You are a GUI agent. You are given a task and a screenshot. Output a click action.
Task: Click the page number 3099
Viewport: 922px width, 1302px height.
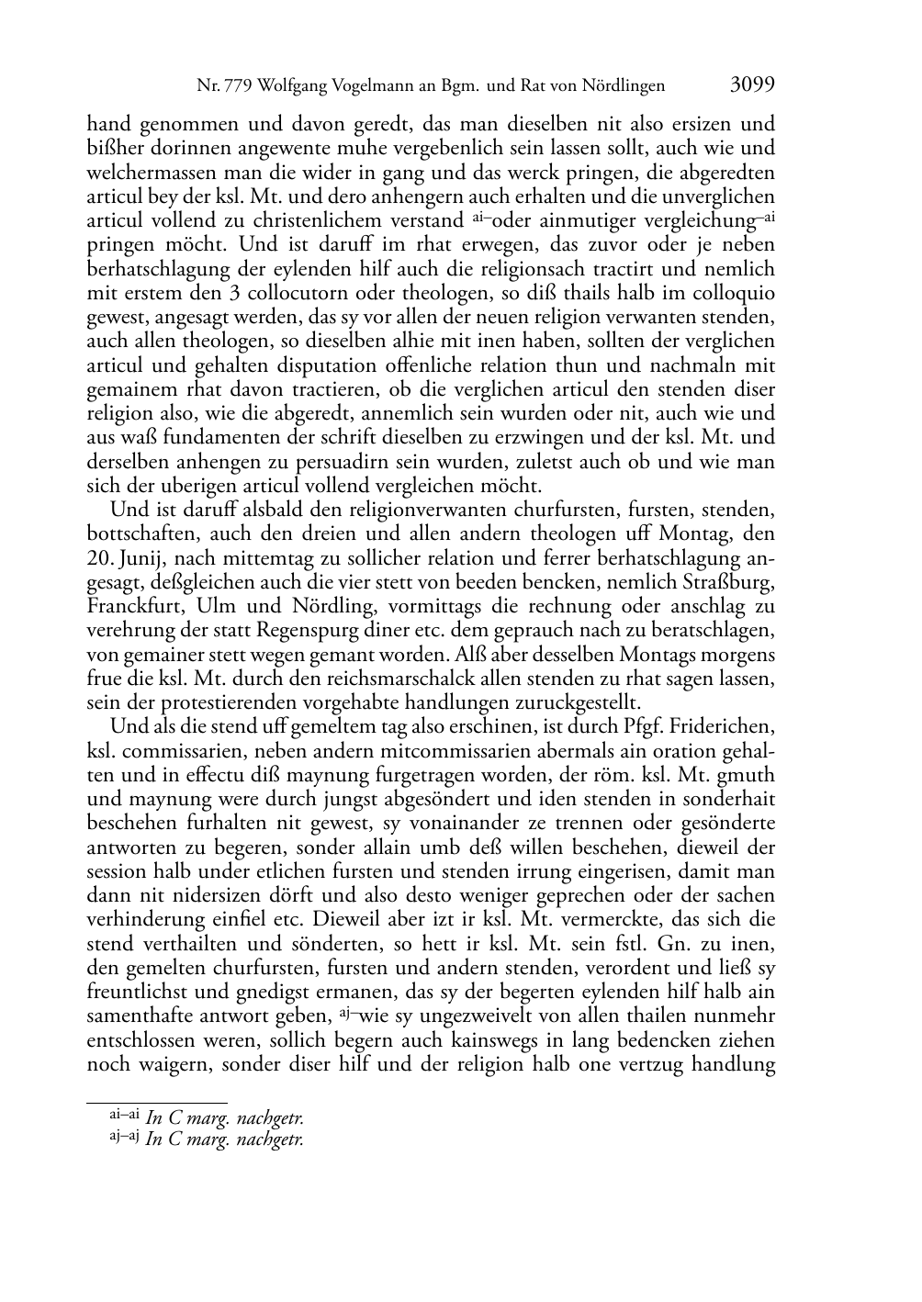point(753,85)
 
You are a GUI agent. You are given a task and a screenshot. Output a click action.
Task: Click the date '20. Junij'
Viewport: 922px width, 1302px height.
point(126,558)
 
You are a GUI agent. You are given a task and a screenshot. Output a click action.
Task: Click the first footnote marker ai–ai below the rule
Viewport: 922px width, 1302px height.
point(124,1116)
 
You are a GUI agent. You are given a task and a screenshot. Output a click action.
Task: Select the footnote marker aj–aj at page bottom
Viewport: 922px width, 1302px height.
point(124,1138)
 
